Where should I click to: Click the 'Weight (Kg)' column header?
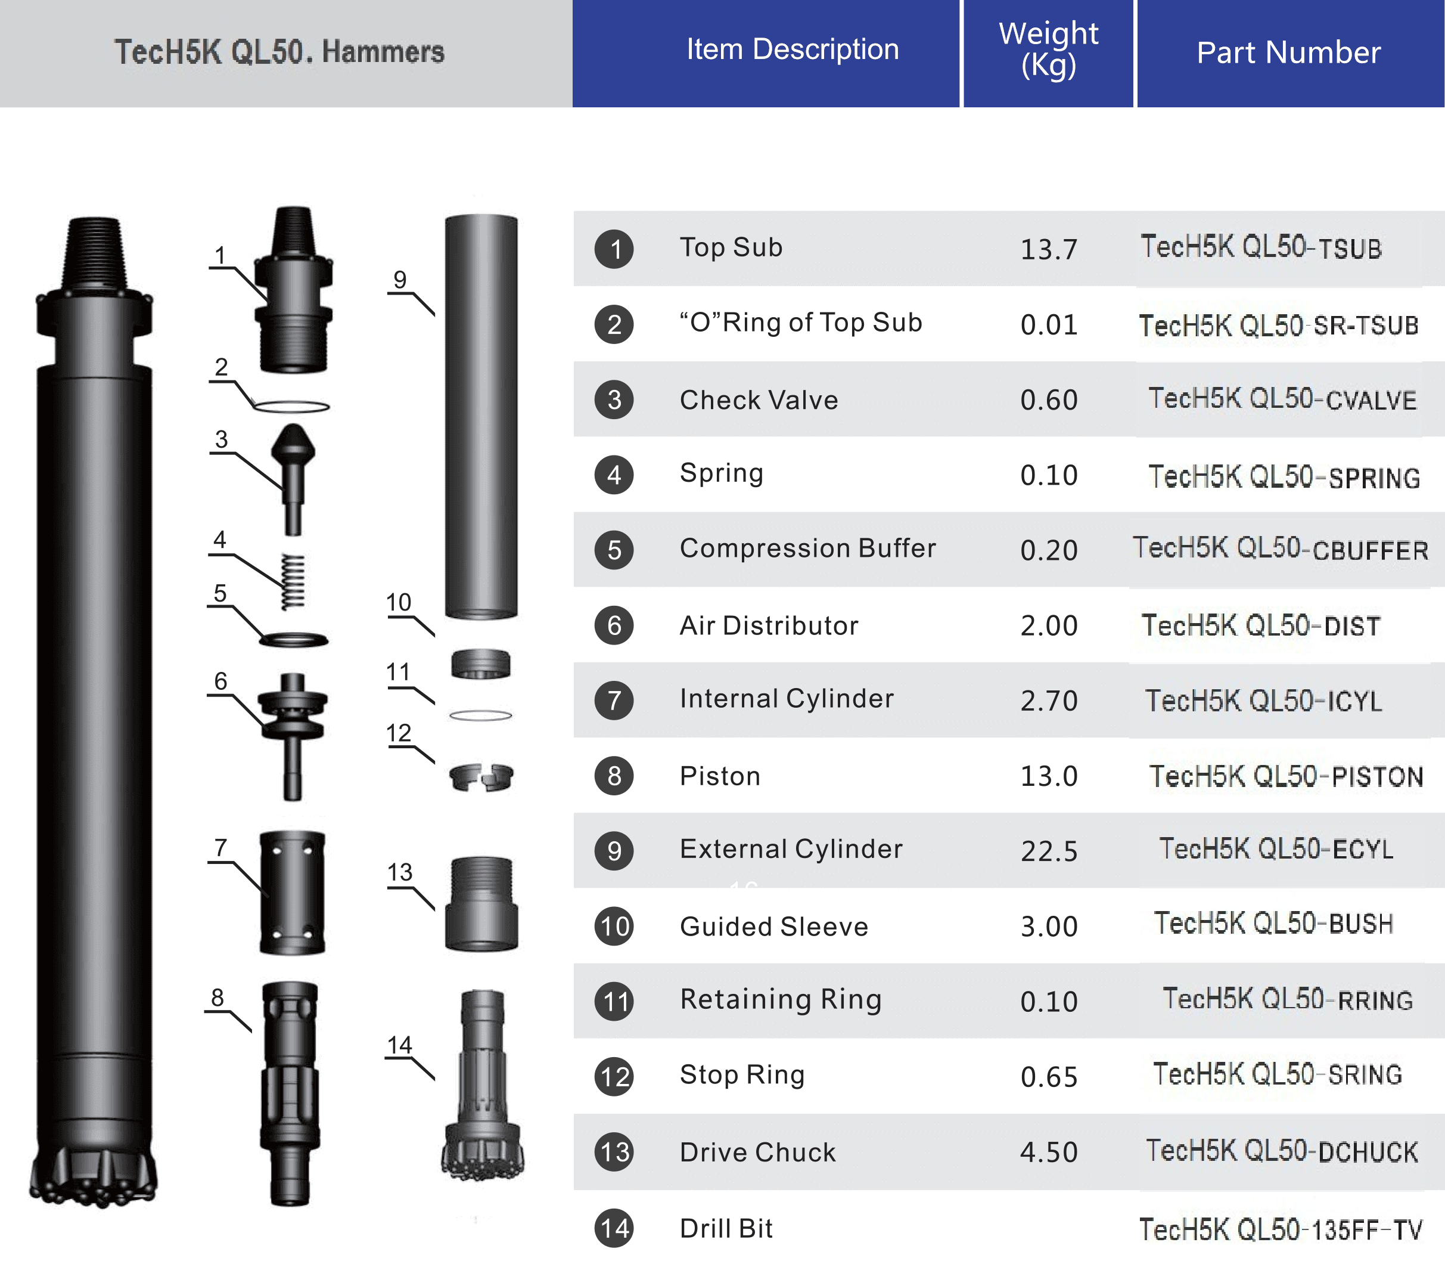[x=1048, y=49]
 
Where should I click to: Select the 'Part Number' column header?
[x=1288, y=52]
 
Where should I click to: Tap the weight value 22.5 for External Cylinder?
[x=1049, y=851]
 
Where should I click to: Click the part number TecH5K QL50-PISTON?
[x=1286, y=776]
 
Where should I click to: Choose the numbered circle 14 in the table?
[x=614, y=1228]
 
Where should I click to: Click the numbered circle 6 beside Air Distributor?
[x=614, y=625]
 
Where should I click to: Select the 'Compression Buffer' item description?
[x=807, y=549]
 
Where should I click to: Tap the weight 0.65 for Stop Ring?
[x=1049, y=1077]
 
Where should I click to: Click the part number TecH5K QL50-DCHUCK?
[x=1282, y=1152]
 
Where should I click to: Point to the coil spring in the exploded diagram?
[x=293, y=581]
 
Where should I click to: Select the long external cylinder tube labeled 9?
[x=481, y=417]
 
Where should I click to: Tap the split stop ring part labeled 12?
[x=481, y=777]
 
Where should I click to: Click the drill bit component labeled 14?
[x=483, y=1089]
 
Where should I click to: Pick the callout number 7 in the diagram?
[x=220, y=847]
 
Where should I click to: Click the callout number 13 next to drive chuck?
[x=399, y=872]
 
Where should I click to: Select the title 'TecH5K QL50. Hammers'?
[x=280, y=52]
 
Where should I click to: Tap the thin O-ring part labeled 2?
[x=291, y=407]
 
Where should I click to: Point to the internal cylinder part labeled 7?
[x=293, y=893]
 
